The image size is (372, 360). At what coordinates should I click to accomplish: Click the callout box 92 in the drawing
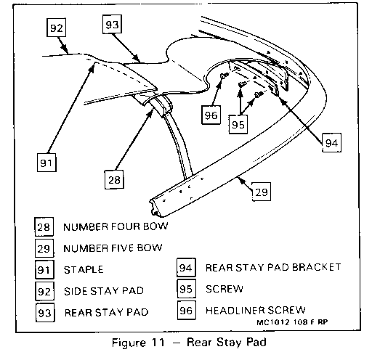coord(56,28)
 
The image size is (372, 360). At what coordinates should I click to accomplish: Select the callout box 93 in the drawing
coord(112,24)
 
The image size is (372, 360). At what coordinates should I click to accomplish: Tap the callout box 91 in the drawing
coord(46,163)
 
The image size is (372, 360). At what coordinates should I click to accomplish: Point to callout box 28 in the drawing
coord(114,179)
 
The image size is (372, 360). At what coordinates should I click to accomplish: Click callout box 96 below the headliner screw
coord(211,115)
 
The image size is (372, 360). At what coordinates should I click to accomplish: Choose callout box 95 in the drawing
coord(238,124)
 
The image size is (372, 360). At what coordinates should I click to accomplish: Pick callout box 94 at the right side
coord(331,142)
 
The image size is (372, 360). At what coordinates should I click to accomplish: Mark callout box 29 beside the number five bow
coord(262,192)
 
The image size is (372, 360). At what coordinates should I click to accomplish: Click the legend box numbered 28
coord(44,226)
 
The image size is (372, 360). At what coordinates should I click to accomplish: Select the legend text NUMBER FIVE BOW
coord(113,248)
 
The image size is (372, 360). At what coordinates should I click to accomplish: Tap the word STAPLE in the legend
coord(84,269)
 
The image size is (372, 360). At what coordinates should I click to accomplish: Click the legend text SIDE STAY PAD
coord(104,290)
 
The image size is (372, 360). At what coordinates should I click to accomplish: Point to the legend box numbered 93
coord(45,313)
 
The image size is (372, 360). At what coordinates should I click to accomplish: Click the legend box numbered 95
coord(186,289)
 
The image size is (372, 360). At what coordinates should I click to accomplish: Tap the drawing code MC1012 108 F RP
coord(292,322)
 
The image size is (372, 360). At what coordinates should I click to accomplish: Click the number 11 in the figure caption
coord(158,343)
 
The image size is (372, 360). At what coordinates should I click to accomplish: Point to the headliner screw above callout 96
coord(224,75)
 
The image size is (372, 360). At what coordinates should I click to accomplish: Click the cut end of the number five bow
coord(157,207)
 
